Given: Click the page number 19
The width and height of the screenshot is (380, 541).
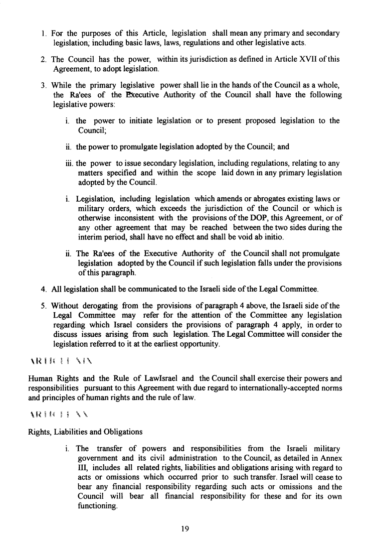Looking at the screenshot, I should [x=190, y=527].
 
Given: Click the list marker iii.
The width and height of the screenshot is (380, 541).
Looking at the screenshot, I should [x=70, y=163].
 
